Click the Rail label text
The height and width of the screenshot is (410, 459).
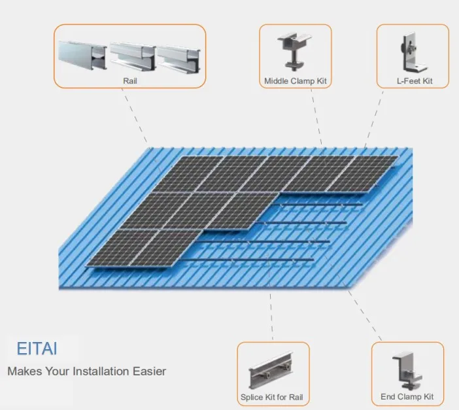[129, 81]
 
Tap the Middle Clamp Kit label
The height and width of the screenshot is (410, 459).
[295, 82]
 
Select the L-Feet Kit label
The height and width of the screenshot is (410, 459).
[413, 82]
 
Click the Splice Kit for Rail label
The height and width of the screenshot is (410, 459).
[271, 397]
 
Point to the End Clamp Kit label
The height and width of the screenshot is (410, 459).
[407, 397]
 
